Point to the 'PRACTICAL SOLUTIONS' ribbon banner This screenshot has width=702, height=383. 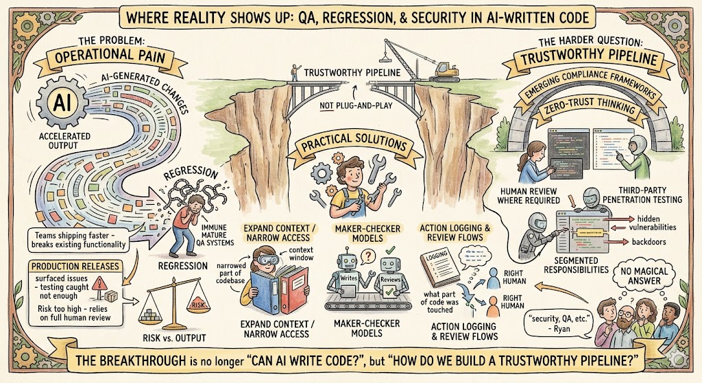(351, 146)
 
